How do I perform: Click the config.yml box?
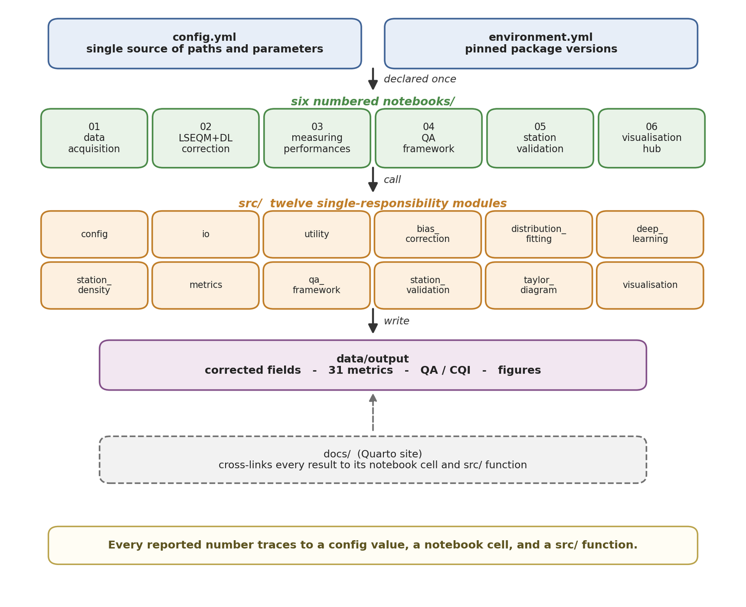pyautogui.click(x=205, y=43)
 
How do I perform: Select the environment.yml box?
pyautogui.click(x=541, y=43)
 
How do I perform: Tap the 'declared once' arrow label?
pyautogui.click(x=420, y=79)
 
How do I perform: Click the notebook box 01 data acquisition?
pyautogui.click(x=94, y=138)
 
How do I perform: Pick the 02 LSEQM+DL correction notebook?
pyautogui.click(x=206, y=138)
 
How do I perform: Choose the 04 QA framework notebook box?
pyautogui.click(x=428, y=138)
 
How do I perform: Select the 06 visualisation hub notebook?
pyautogui.click(x=651, y=138)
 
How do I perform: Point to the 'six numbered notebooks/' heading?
pyautogui.click(x=373, y=101)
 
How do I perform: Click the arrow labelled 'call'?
pyautogui.click(x=373, y=179)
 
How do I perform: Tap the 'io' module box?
pyautogui.click(x=206, y=234)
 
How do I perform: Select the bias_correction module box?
pyautogui.click(x=428, y=234)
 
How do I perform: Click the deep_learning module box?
pyautogui.click(x=650, y=234)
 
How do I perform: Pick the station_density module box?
pyautogui.click(x=94, y=285)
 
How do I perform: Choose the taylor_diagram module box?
pyautogui.click(x=539, y=285)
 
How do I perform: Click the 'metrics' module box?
pyautogui.click(x=206, y=285)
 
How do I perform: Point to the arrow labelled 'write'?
pyautogui.click(x=373, y=320)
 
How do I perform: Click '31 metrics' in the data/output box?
pyautogui.click(x=360, y=370)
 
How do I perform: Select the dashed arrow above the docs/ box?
pyautogui.click(x=373, y=413)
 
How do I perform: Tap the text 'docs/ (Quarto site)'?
pyautogui.click(x=373, y=454)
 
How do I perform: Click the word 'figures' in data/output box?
pyautogui.click(x=519, y=370)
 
